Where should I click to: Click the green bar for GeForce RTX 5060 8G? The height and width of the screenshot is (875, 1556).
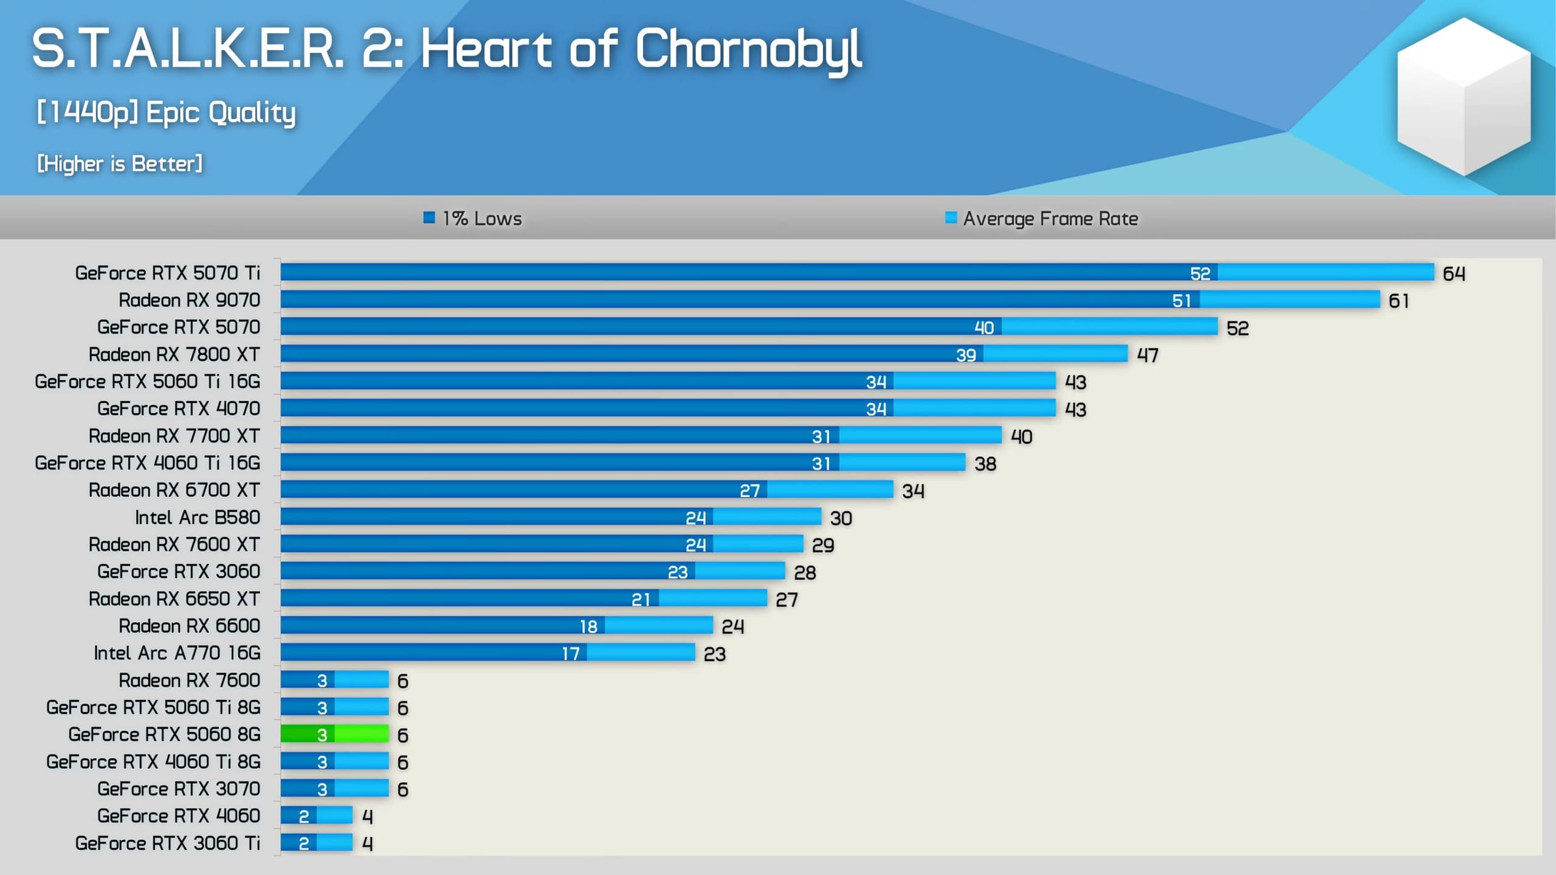tap(334, 734)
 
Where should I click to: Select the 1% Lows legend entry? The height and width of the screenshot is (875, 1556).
tap(473, 218)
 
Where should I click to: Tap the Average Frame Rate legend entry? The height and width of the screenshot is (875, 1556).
tap(1042, 218)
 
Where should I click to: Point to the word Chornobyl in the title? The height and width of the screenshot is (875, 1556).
tap(748, 50)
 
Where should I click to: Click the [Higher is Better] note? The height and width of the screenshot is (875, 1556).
tap(120, 163)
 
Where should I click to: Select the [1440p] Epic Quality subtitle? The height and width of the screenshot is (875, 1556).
tap(166, 112)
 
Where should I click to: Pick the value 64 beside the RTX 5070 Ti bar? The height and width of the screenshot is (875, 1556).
tap(1454, 273)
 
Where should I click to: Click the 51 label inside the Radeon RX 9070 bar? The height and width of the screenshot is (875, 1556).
tap(1182, 300)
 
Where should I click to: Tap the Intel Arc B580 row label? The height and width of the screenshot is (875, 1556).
tap(198, 517)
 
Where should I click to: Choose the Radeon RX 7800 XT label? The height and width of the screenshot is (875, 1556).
tap(174, 354)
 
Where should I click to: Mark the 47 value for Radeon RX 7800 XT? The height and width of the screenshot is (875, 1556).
tap(1148, 355)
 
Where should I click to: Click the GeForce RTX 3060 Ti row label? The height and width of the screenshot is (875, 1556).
tap(168, 843)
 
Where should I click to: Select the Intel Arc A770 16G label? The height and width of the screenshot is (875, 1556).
tap(177, 653)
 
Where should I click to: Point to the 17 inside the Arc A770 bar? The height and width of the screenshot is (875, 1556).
tap(571, 653)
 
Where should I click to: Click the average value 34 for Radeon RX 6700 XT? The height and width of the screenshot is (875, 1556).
tap(913, 490)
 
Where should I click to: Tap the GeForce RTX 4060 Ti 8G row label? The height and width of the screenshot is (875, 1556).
tap(153, 761)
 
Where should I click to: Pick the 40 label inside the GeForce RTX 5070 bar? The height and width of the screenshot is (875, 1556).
tap(984, 328)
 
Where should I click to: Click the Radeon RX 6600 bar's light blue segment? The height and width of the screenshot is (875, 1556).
tap(658, 625)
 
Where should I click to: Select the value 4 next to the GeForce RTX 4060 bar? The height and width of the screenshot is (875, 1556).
tap(367, 816)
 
